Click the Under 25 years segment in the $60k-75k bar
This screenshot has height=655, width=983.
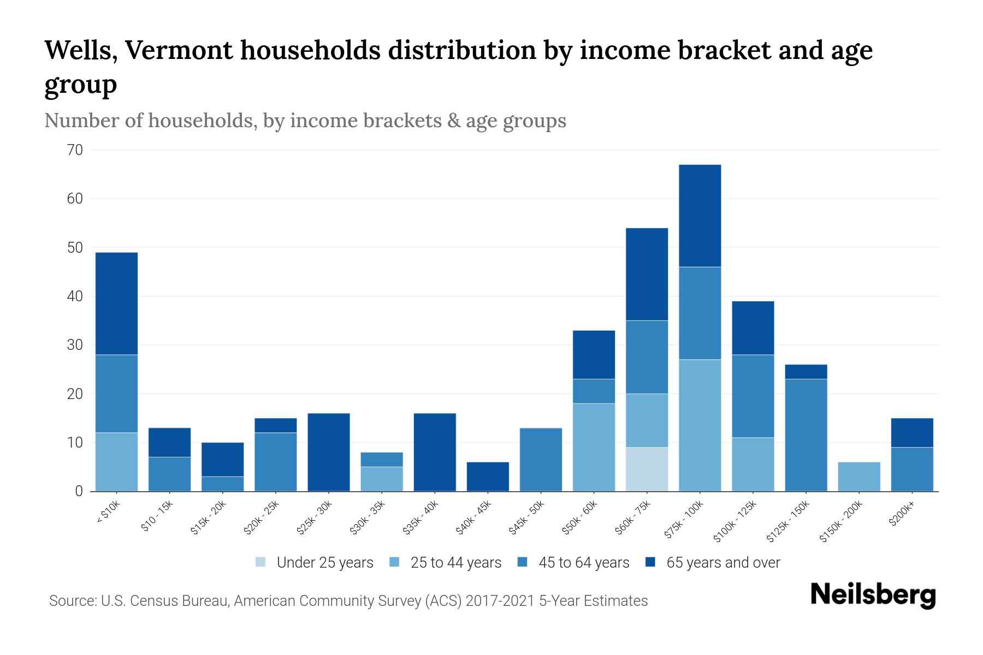click(647, 469)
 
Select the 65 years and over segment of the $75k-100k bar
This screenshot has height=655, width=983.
click(700, 216)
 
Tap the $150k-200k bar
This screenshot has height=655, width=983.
click(858, 477)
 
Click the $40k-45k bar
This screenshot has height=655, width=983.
click(488, 477)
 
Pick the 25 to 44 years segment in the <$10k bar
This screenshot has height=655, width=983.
click(116, 462)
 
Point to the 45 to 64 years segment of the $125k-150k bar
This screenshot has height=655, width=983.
click(806, 435)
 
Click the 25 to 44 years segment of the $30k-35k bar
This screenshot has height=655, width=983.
click(382, 479)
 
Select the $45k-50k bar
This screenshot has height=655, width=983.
click(541, 460)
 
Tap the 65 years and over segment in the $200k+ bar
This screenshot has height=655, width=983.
click(911, 432)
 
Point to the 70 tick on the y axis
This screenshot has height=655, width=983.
click(75, 150)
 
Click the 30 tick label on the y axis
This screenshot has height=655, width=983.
click(75, 345)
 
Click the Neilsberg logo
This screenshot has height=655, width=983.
click(873, 595)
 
